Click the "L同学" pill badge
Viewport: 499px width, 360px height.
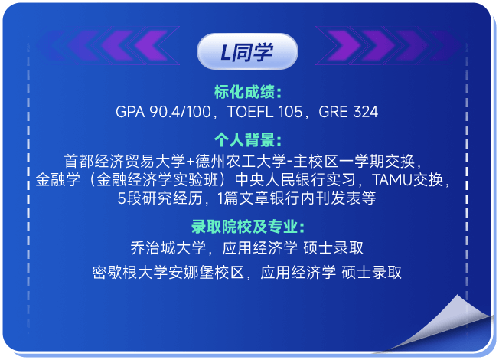tap(247, 51)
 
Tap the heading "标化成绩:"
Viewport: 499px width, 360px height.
tap(248, 92)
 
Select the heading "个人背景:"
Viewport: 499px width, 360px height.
tap(248, 139)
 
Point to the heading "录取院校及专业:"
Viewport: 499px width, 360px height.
tap(248, 227)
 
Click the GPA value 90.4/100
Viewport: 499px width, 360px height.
tap(180, 112)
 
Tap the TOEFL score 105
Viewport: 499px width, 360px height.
tap(290, 112)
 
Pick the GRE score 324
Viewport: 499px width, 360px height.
tap(365, 112)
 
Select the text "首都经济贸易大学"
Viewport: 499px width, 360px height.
tap(125, 161)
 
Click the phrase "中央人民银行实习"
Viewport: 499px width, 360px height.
tap(295, 180)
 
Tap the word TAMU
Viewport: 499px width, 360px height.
tap(392, 180)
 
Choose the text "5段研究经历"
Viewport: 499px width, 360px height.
tap(160, 198)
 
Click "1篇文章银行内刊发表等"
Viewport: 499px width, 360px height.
tap(297, 198)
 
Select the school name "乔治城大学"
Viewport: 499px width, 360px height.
tap(168, 248)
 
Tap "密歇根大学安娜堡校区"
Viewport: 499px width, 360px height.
tap(168, 273)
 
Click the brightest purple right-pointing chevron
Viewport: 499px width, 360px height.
tap(344, 45)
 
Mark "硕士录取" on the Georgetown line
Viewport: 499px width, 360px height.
tap(333, 248)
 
